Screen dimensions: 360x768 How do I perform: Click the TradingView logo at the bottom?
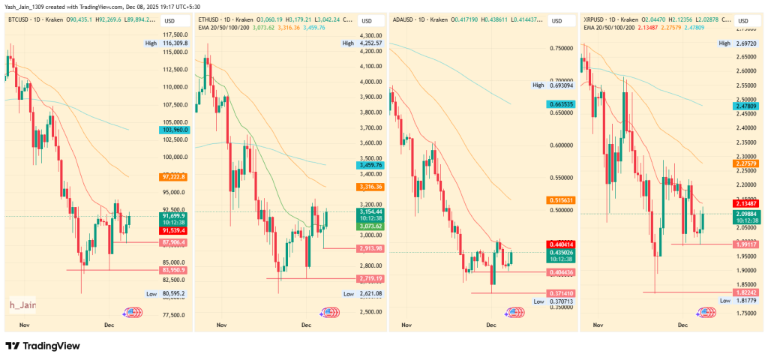click(43, 346)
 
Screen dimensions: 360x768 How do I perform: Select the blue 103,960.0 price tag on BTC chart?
click(173, 130)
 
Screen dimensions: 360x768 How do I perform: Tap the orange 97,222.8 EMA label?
click(173, 176)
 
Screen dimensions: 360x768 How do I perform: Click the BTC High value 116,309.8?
click(173, 43)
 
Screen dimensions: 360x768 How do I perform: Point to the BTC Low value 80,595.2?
click(173, 293)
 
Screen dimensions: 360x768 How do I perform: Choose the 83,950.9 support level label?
click(173, 269)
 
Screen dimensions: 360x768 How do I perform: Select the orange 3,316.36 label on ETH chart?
click(370, 187)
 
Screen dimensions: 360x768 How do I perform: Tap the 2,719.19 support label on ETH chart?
click(370, 278)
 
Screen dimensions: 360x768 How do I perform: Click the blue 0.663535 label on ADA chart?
click(560, 104)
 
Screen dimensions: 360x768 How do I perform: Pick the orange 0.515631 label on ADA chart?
click(560, 200)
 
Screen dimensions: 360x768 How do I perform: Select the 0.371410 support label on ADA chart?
click(560, 292)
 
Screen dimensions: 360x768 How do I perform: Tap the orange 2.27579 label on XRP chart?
click(747, 163)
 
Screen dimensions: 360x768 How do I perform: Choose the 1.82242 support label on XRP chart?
click(747, 292)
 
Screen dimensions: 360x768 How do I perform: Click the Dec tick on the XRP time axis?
click(682, 325)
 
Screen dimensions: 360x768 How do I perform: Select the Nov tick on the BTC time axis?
click(23, 325)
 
